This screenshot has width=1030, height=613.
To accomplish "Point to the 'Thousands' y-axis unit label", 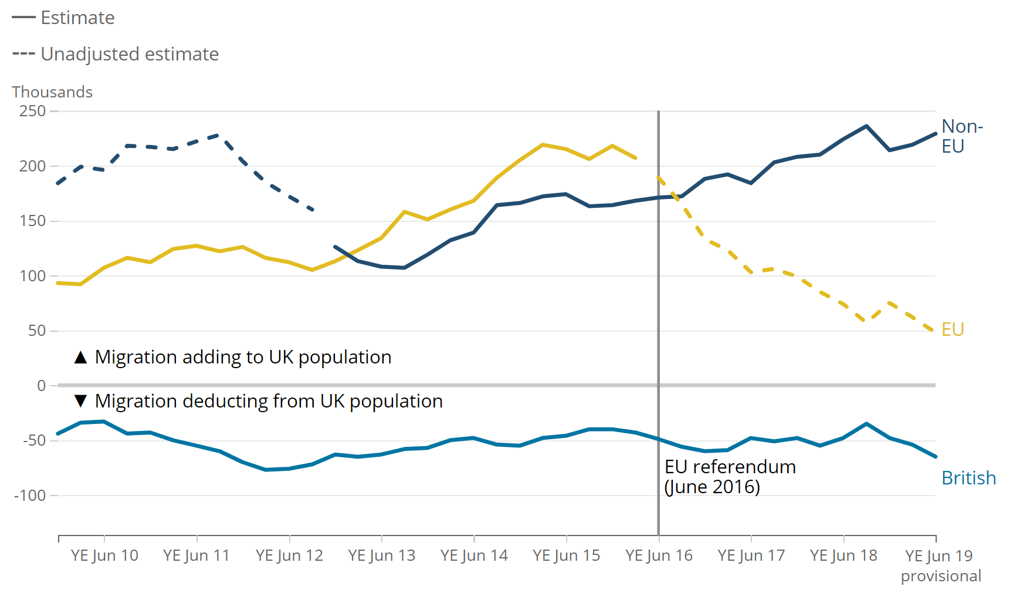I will [52, 92].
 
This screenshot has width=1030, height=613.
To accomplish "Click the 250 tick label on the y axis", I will [32, 111].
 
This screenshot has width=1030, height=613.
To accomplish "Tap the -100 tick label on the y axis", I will [30, 496].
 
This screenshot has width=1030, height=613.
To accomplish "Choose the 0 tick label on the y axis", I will [41, 386].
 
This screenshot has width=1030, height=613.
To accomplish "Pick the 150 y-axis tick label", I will [32, 221].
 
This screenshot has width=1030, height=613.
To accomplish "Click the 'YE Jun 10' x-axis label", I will [104, 555].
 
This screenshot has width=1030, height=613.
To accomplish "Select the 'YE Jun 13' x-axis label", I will [381, 555].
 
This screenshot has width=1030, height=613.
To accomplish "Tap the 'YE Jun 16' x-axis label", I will [659, 555].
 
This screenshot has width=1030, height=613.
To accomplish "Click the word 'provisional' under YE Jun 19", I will [941, 576].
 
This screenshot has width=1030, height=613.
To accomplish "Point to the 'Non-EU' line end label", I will [961, 136].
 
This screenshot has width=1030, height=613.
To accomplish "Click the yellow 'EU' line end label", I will [953, 329].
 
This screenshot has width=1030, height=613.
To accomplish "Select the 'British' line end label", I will [968, 478].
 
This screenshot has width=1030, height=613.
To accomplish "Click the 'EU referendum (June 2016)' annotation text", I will [730, 477].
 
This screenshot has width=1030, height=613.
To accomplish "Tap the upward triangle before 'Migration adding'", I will [81, 357].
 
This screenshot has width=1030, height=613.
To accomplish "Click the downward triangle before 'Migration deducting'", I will [81, 402].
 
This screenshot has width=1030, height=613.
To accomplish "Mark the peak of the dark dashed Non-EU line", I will [218, 135].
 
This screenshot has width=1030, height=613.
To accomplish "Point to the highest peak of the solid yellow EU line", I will [543, 144].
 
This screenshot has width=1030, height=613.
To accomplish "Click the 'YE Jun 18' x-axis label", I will [843, 555].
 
